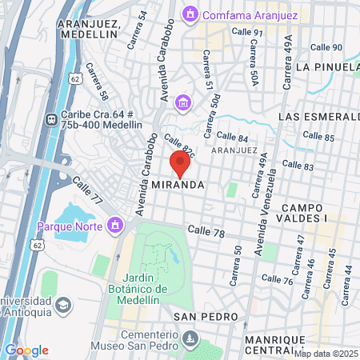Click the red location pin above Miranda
180,163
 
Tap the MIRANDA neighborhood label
174,184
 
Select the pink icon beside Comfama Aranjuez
190,14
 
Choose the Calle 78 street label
206,230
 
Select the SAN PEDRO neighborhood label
207,317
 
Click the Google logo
26,350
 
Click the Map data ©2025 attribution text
326,353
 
